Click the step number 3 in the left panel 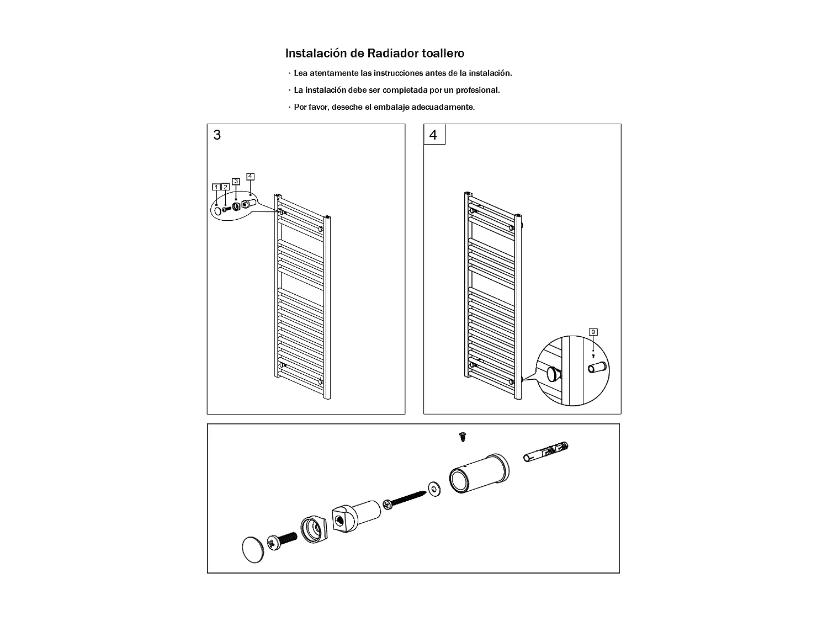[217, 135]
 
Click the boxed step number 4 [434, 135]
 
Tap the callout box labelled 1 [216, 187]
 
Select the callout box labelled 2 [226, 187]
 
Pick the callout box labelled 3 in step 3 [236, 181]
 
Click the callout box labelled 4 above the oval [251, 177]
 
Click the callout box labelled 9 [593, 332]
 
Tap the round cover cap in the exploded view [253, 549]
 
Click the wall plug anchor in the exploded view [545, 451]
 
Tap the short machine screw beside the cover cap [282, 540]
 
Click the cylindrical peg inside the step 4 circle [598, 367]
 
